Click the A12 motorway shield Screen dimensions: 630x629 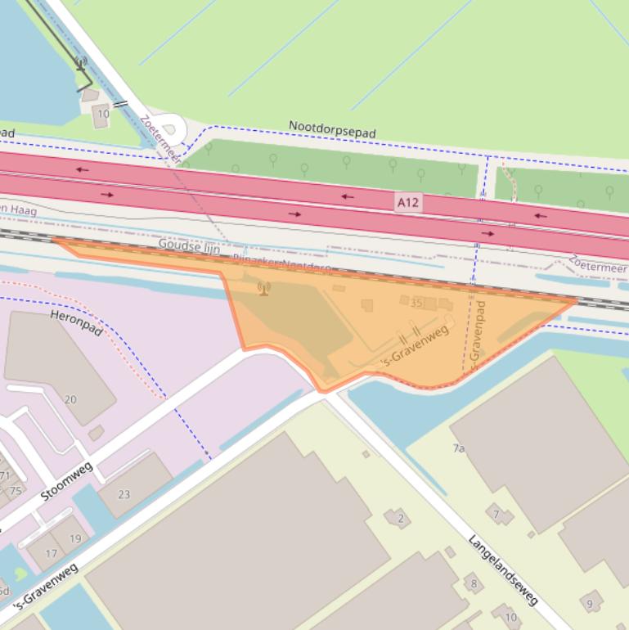[x=409, y=201]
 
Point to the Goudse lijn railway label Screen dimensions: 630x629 [x=189, y=245]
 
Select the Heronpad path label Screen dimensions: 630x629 [x=77, y=322]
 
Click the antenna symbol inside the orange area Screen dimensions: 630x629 [x=263, y=288]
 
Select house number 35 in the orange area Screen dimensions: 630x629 [x=416, y=304]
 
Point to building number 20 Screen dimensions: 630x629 [x=70, y=399]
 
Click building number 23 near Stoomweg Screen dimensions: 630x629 [x=124, y=494]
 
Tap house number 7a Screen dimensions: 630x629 [x=458, y=448]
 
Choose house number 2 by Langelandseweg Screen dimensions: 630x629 [x=400, y=518]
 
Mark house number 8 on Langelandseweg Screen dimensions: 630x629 [x=473, y=583]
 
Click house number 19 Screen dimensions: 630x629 [x=75, y=538]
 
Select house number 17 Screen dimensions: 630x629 [x=51, y=554]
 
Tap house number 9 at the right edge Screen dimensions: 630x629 [x=589, y=604]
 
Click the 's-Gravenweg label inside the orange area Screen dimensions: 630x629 [x=416, y=346]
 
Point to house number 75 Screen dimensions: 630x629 [x=16, y=491]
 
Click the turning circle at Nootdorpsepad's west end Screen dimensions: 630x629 [x=171, y=128]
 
